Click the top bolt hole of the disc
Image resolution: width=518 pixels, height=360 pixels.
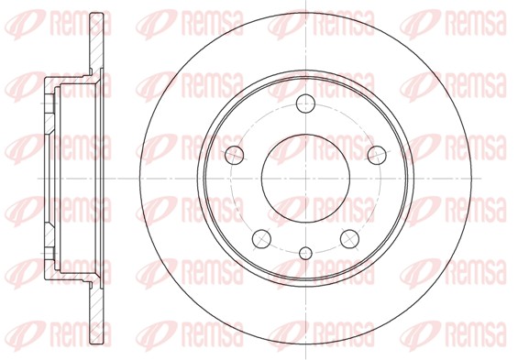[x=305, y=104]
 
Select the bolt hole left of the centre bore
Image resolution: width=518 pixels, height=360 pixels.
[x=234, y=155]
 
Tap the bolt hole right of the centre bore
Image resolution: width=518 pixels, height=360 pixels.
[x=377, y=155]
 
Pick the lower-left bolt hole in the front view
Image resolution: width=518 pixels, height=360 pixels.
[x=261, y=239]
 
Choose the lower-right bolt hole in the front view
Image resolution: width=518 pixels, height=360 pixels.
[x=349, y=239]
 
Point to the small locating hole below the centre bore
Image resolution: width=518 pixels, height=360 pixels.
[x=305, y=253]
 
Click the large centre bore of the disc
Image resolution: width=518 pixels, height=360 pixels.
[x=305, y=179]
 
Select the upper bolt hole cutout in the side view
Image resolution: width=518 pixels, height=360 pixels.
[x=50, y=104]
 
